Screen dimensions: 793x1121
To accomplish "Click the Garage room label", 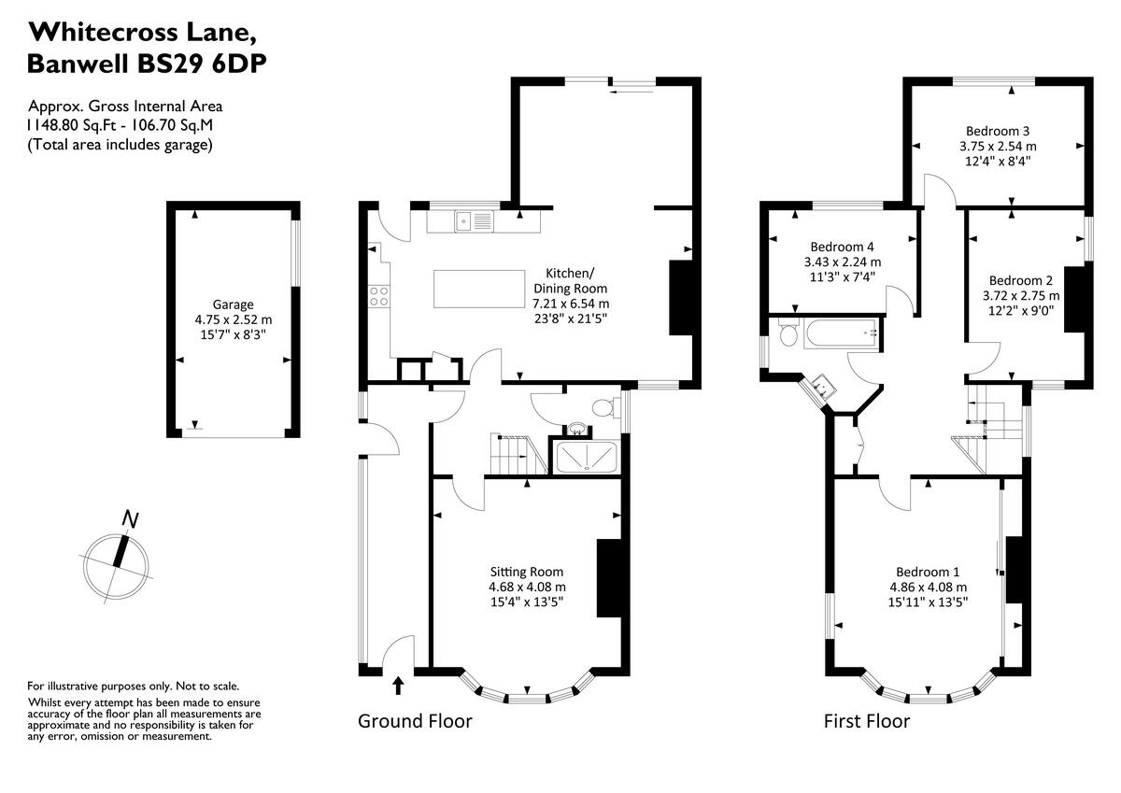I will click(233, 304).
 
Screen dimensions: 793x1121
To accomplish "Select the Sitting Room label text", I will click(527, 572).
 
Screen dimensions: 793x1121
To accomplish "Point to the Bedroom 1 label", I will click(928, 572).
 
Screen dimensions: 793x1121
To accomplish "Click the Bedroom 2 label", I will click(1021, 280).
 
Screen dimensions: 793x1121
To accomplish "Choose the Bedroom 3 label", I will click(998, 131).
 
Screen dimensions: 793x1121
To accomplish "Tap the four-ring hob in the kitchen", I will click(380, 297).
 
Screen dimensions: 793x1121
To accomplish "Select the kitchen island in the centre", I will click(479, 289).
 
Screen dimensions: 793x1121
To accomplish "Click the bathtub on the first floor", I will click(841, 332).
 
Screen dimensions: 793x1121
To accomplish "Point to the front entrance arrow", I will click(398, 687).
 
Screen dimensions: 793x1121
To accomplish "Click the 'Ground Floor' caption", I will click(416, 721).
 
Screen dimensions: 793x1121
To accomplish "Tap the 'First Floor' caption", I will click(866, 721).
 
